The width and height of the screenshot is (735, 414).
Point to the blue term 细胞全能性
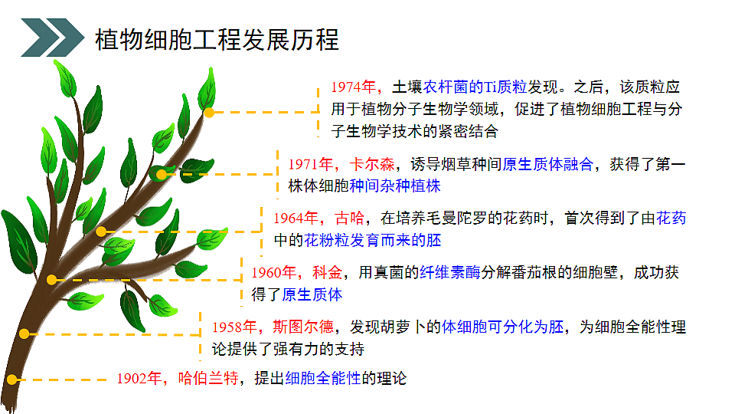point(322,378)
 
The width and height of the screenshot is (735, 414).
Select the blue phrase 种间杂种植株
point(395,186)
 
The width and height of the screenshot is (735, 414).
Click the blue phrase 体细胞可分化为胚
point(502,327)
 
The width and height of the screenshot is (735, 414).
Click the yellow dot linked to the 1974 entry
point(208,112)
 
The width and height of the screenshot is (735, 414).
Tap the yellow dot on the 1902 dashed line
point(12,379)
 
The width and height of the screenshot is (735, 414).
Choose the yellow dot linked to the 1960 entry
point(51,280)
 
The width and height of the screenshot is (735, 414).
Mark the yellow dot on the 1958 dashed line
point(24,333)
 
